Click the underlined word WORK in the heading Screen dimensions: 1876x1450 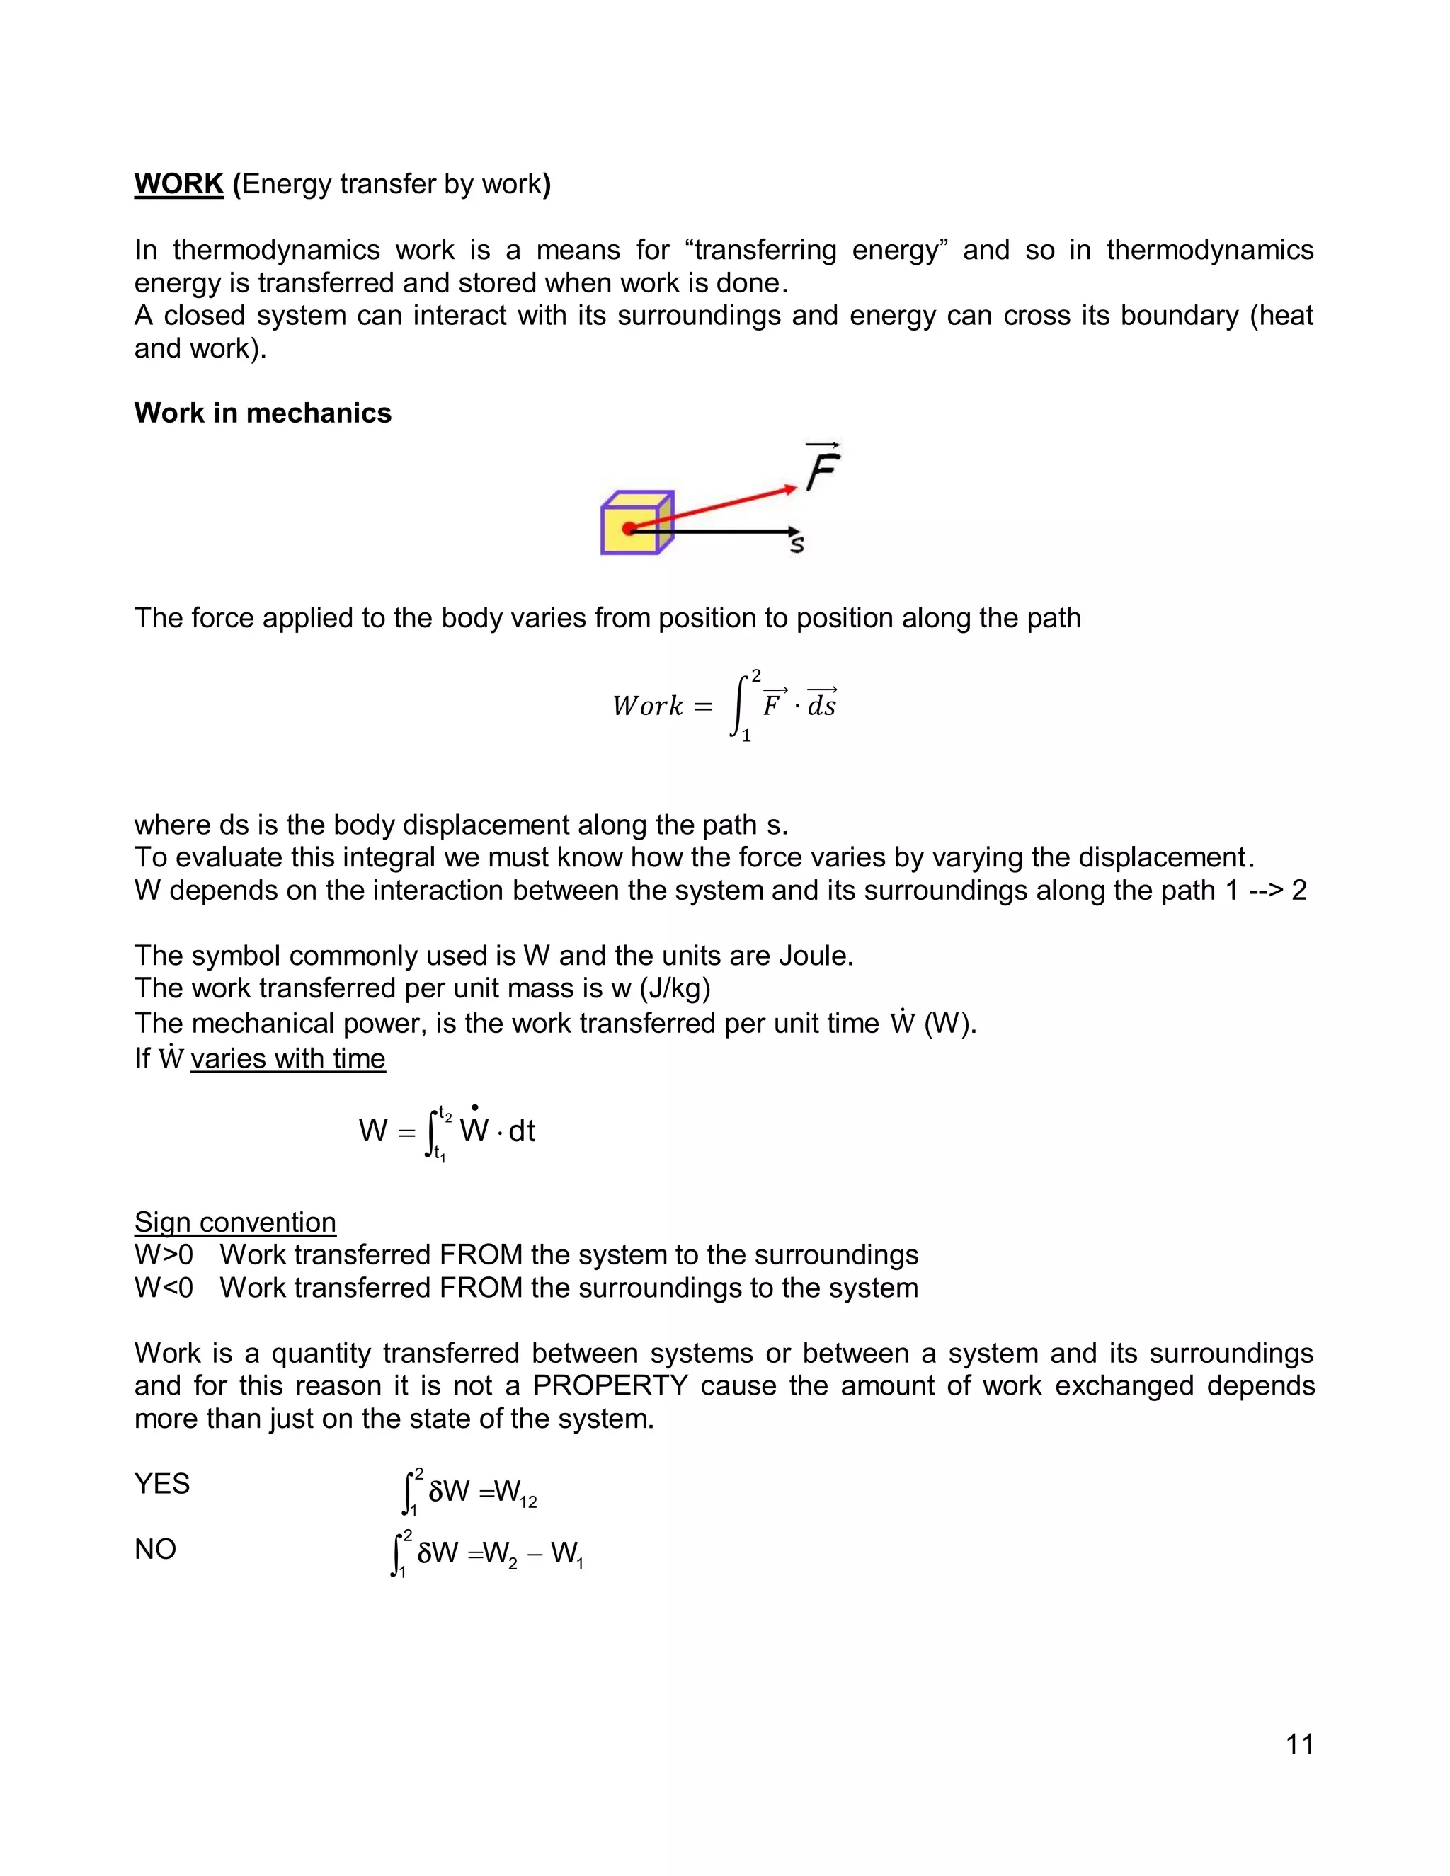178,184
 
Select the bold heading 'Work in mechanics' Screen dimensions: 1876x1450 262,413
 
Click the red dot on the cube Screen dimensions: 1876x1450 629,529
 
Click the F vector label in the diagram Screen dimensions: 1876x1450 822,468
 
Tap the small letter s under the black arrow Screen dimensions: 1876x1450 797,544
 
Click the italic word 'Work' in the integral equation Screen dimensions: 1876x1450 647,706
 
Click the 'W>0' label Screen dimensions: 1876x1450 164,1255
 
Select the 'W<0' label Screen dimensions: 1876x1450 164,1288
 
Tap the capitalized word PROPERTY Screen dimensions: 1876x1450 610,1385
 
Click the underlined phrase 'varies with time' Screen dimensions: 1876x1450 287,1058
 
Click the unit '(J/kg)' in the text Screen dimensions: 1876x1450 675,989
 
